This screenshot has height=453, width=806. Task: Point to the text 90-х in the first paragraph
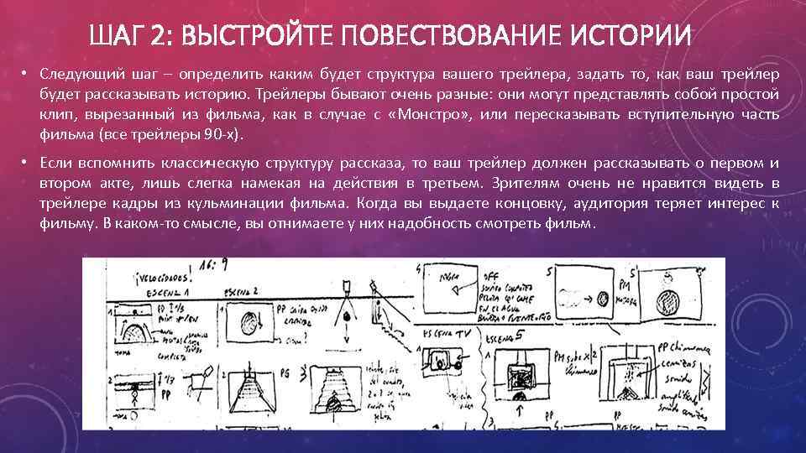click(x=223, y=134)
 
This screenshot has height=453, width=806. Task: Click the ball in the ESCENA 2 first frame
click(x=249, y=324)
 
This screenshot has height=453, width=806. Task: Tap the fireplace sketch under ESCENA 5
click(x=521, y=371)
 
